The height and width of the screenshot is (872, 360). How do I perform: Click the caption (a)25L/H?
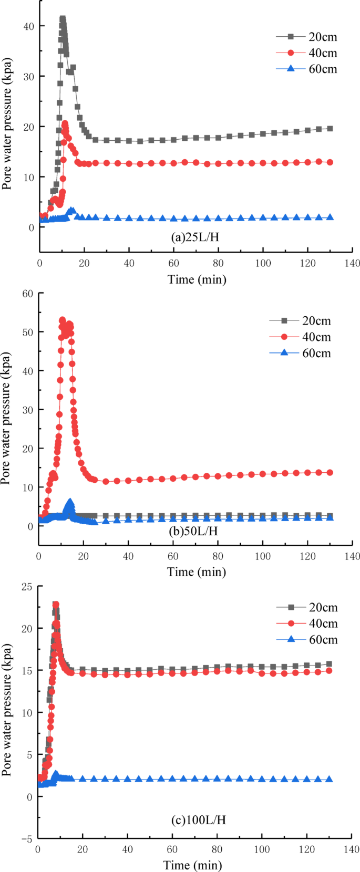point(195,237)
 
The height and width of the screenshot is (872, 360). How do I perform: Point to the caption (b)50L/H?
point(193,531)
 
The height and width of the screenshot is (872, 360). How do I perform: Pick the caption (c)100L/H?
point(198,819)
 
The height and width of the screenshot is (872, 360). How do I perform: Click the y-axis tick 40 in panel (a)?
point(28,26)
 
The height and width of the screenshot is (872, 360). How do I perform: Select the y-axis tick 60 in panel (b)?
point(27,293)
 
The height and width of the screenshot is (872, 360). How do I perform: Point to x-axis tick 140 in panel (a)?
point(353,263)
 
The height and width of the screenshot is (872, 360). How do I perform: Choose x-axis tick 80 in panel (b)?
point(218,556)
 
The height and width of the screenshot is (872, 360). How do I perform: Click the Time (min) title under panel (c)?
point(192,865)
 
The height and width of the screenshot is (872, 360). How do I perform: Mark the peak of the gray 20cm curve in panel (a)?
point(63,19)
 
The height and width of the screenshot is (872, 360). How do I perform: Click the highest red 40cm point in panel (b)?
point(63,319)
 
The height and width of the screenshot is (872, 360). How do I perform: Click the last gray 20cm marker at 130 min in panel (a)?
point(330,129)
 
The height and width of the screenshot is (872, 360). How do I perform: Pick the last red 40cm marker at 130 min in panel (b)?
point(330,473)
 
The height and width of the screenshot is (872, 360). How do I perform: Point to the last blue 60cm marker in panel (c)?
point(330,779)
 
